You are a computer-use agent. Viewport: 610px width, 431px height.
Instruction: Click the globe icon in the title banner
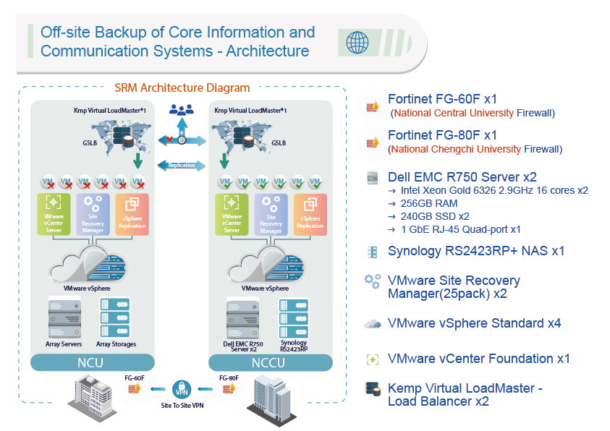coord(357,43)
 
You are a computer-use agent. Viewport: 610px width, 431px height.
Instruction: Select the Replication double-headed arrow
coord(182,165)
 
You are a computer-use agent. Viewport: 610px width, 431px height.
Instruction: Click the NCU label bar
coord(92,363)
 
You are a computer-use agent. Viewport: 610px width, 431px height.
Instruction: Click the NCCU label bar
coord(270,363)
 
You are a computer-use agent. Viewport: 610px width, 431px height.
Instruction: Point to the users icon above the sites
coord(182,110)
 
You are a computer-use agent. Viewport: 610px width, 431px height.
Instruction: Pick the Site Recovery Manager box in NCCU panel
coord(271,215)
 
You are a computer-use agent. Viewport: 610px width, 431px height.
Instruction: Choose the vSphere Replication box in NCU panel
coord(132,215)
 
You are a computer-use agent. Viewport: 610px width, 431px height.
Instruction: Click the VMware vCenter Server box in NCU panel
coord(54,215)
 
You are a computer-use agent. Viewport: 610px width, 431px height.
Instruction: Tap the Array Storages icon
coord(116,316)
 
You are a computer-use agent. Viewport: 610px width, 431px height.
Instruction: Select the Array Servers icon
coord(64,316)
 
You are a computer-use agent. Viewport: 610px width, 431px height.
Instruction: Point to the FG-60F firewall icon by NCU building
coord(135,389)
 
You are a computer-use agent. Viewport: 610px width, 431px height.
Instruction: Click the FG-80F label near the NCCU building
coord(229,377)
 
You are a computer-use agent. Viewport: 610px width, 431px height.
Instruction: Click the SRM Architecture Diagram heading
coord(182,88)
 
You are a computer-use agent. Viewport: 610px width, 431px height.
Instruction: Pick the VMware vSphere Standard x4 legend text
coord(474,323)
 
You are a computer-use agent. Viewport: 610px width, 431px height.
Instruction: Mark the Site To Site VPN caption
coord(182,406)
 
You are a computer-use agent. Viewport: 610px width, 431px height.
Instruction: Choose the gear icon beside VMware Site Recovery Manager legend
coord(372,281)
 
